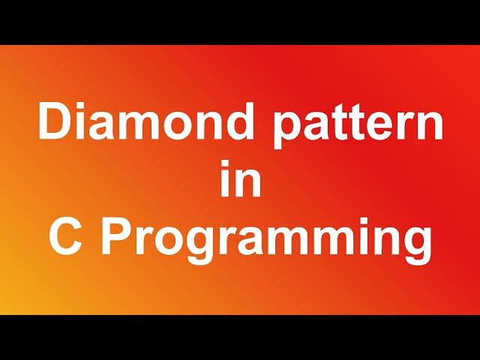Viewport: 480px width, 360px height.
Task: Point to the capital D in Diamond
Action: coord(54,123)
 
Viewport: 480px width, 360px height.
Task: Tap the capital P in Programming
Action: coord(116,238)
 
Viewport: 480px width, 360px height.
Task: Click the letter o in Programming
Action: coord(171,243)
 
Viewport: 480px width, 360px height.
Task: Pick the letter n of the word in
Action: coord(249,186)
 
